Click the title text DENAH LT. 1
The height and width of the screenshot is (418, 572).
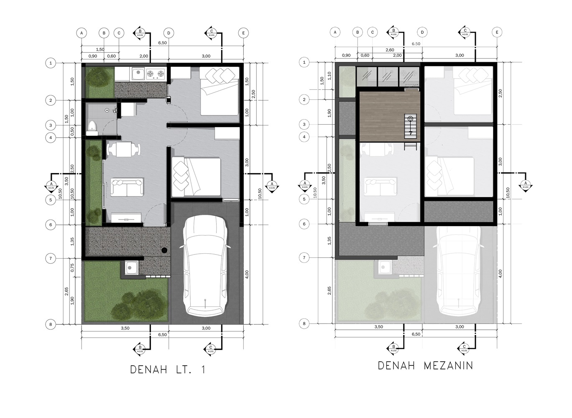point(168,370)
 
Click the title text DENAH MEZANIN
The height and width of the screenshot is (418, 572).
point(425,365)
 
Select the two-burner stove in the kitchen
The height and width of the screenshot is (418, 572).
point(156,74)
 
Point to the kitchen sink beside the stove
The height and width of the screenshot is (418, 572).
point(138,74)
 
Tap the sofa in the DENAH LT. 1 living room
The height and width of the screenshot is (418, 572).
point(127,187)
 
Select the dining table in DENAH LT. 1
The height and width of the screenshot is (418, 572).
point(124,149)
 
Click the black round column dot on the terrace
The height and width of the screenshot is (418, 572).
point(165,250)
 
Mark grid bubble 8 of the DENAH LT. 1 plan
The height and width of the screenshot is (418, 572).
point(51,324)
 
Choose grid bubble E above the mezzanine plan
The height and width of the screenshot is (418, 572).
point(497,32)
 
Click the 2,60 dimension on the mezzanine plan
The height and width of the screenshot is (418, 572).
point(389,50)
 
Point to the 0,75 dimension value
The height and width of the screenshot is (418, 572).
point(72,268)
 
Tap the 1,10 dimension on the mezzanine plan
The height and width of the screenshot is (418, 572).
point(329,76)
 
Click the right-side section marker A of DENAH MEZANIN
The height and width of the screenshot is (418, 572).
point(525,184)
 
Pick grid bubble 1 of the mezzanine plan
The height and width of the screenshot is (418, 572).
point(304,62)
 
